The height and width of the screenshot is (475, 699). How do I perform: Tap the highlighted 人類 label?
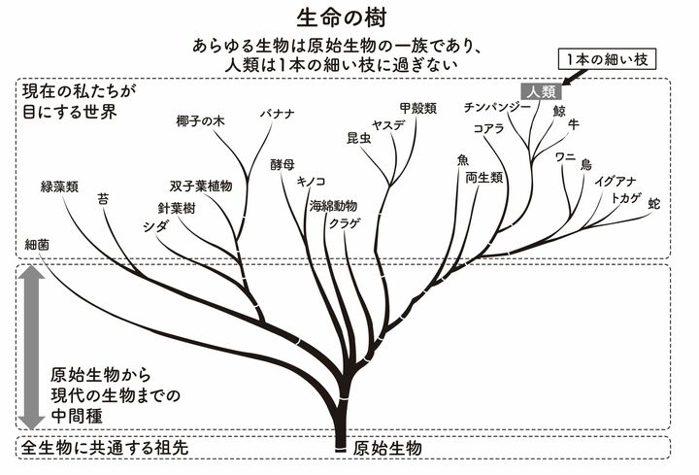coord(542,91)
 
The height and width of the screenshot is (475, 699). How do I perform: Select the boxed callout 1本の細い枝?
coord(607,60)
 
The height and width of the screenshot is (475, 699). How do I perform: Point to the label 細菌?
coord(38,245)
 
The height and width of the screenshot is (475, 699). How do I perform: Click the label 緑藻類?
coord(59,184)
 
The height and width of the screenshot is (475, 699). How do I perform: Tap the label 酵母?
coord(283,165)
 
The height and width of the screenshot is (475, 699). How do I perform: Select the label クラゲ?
coord(345,222)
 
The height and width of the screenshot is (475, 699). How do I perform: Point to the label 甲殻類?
coord(416,108)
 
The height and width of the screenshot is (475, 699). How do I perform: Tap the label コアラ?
coord(488,128)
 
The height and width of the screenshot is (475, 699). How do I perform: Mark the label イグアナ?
coord(616,182)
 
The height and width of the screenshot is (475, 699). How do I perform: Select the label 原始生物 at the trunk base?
coord(387,448)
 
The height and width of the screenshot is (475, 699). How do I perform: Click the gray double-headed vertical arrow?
coord(30,348)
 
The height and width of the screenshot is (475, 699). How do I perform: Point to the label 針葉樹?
coord(178,208)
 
